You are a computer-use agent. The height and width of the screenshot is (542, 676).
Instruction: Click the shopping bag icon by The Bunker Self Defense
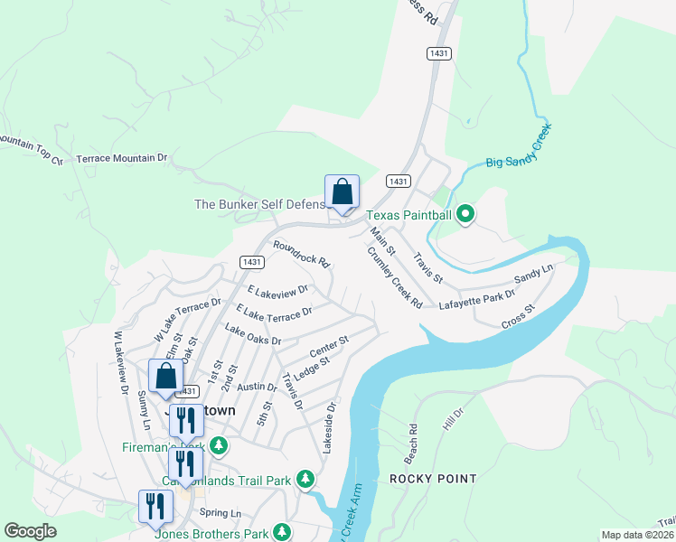(342, 192)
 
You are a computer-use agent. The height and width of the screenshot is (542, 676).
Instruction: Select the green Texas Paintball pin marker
(465, 214)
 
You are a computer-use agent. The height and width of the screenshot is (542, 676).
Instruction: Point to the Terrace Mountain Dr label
(123, 158)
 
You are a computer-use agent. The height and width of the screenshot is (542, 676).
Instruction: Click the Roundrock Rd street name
(302, 252)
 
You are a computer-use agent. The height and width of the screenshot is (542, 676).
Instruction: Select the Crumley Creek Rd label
(395, 278)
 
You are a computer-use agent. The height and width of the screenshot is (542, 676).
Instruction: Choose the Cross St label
(518, 314)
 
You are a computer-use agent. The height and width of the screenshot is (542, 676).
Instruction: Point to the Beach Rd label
(413, 439)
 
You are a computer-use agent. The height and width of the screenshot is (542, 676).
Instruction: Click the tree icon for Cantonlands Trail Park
(306, 477)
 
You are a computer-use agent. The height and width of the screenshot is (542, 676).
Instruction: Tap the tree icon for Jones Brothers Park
(284, 531)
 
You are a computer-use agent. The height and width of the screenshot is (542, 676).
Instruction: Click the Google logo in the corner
(31, 531)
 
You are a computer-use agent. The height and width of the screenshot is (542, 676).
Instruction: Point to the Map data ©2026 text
(636, 535)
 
